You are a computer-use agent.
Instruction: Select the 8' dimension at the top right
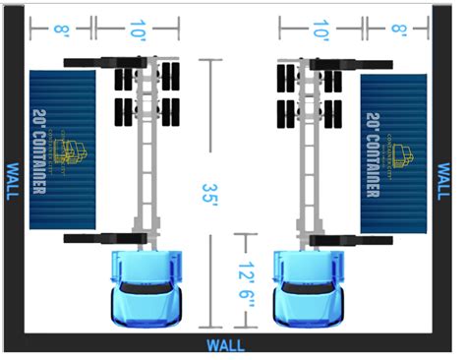pyautogui.click(x=399, y=30)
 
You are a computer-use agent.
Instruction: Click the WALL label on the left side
pyautogui.click(x=13, y=181)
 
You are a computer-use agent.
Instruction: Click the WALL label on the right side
pyautogui.click(x=443, y=181)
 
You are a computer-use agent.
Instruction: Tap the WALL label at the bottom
pyautogui.click(x=226, y=345)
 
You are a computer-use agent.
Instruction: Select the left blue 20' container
pyautogui.click(x=64, y=149)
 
